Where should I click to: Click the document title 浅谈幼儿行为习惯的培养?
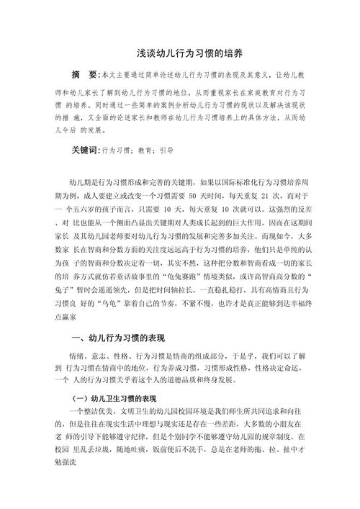click(180, 53)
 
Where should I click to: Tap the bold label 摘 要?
click(86, 75)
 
